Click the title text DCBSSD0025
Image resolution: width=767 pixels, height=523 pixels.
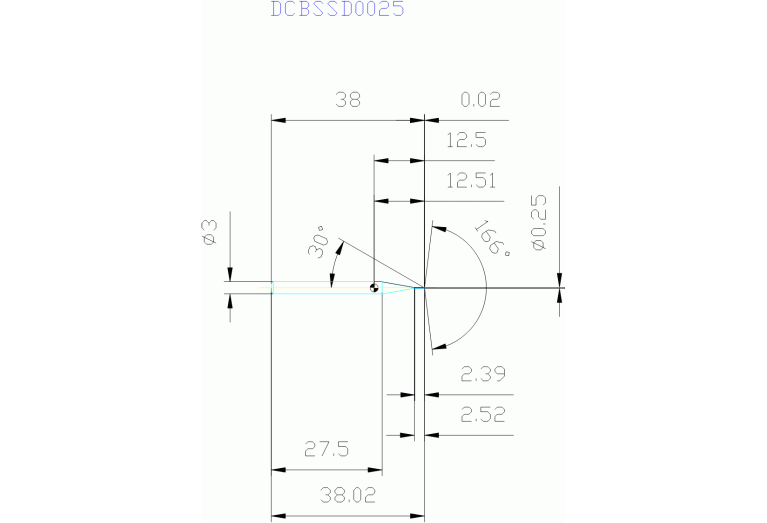point(338,10)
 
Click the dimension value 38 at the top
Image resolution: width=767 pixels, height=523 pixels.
point(348,100)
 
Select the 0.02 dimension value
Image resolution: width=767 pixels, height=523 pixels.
point(480,100)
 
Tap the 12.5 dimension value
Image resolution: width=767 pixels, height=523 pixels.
point(466,140)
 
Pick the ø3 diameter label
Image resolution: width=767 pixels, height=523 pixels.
point(209,233)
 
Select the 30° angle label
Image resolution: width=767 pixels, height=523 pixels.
point(319,242)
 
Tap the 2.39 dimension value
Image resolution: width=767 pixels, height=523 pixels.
point(482,375)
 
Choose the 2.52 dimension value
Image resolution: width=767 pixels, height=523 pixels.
point(482,415)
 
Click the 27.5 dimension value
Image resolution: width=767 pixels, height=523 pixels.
point(327,450)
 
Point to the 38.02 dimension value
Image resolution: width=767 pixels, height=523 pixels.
point(348,494)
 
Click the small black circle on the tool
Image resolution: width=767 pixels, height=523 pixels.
point(374,288)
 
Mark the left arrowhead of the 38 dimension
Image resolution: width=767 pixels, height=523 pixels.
point(278,120)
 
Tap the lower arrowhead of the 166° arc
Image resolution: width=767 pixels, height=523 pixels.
point(436,347)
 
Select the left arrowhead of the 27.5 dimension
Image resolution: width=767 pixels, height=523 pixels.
point(278,469)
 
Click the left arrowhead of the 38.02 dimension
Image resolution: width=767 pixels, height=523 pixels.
point(278,513)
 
